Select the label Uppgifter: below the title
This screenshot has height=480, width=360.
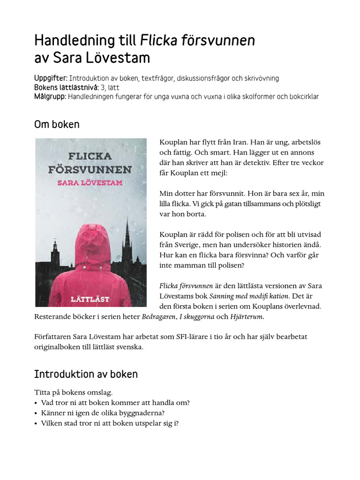click(51, 78)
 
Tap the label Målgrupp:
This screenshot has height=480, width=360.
click(50, 97)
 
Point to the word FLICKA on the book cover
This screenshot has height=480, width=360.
click(90, 156)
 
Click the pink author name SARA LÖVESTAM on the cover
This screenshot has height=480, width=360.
click(90, 182)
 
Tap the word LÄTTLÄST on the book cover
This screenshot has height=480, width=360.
click(90, 299)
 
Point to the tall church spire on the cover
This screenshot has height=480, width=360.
click(127, 234)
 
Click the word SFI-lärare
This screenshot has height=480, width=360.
click(202, 337)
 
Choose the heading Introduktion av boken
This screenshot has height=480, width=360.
click(86, 374)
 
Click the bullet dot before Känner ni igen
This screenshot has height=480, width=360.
click(36, 413)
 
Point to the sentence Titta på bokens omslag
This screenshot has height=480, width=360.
click(73, 392)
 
